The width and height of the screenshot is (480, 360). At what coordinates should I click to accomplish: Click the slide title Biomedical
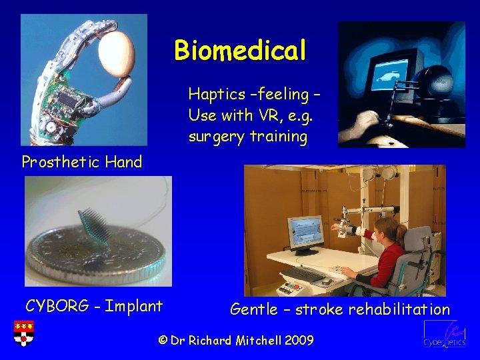(240, 50)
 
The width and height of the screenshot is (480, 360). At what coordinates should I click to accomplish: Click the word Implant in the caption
(134, 307)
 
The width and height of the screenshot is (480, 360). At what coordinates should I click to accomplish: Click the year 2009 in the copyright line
(299, 341)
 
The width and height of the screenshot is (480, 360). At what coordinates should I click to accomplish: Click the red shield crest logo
(23, 333)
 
